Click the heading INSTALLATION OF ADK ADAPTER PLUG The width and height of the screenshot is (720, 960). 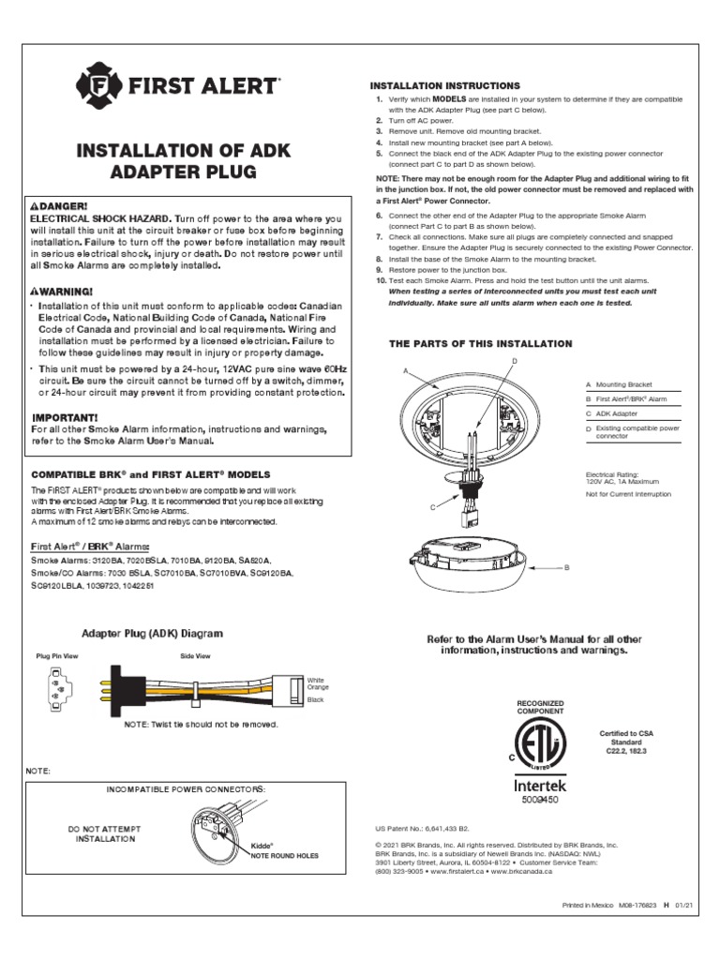coord(185,161)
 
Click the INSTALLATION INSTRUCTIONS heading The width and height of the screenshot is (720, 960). coord(447,86)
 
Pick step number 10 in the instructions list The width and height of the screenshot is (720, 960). coord(381,281)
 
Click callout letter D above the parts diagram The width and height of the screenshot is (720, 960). coord(514,361)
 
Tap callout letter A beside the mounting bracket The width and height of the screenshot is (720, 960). coord(407,371)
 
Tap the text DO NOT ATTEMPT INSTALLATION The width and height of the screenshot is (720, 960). coord(106,834)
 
